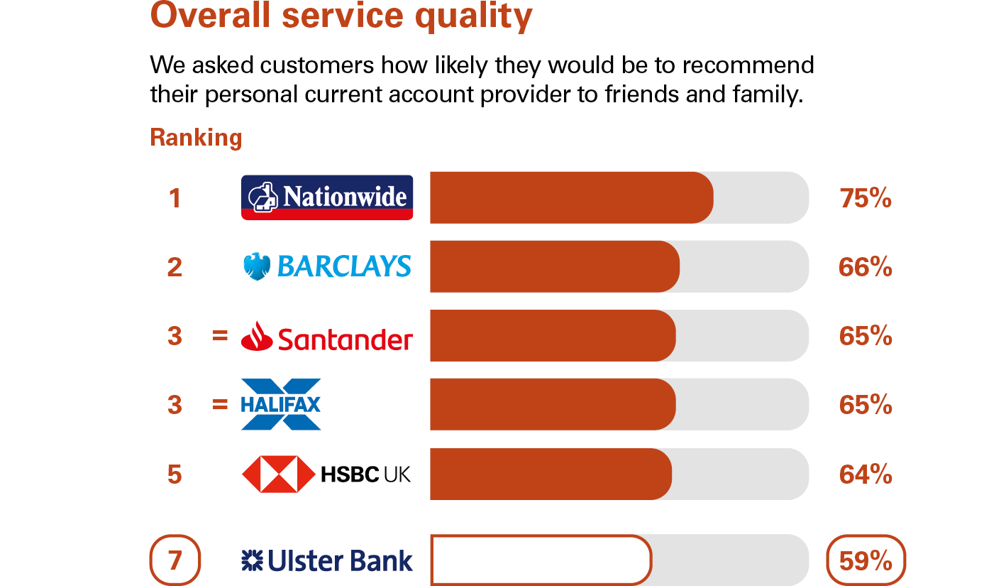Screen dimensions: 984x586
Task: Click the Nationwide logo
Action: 327,197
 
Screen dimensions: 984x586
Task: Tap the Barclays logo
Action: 327,266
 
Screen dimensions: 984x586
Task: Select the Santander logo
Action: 327,337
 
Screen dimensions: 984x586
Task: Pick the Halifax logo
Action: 281,404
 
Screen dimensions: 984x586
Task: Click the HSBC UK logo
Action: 326,474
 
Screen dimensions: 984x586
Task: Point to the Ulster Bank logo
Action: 327,560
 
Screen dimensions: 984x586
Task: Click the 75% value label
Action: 866,198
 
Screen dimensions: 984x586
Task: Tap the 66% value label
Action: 866,267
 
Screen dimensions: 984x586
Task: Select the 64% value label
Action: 866,474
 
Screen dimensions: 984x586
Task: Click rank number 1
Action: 175,198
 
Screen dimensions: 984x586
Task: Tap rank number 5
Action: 175,474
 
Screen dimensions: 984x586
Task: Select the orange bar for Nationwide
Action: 572,197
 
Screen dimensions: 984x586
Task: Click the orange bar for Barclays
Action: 555,266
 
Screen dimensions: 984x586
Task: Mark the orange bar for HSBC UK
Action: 551,474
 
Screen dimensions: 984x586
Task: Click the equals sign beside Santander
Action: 220,336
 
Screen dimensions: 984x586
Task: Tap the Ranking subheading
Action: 196,138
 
